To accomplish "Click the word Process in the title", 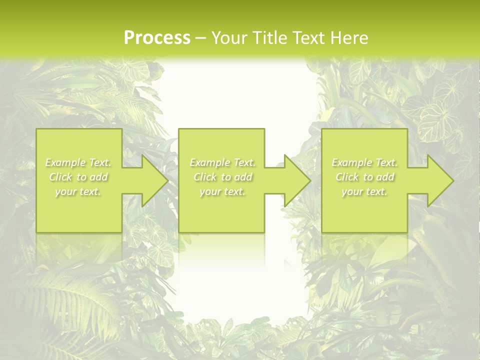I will click(157, 38).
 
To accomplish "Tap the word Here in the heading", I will click(349, 38).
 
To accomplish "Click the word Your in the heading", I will click(229, 38).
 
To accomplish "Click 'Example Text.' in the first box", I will click(78, 162).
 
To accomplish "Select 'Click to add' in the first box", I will click(78, 177).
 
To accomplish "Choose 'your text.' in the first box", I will click(78, 191).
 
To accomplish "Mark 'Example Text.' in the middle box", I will click(222, 162).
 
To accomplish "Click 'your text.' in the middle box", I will click(222, 191).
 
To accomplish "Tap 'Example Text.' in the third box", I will click(364, 162).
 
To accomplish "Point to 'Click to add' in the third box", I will click(364, 177).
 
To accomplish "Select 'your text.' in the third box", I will click(364, 191).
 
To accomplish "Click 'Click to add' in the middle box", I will click(222, 177).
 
